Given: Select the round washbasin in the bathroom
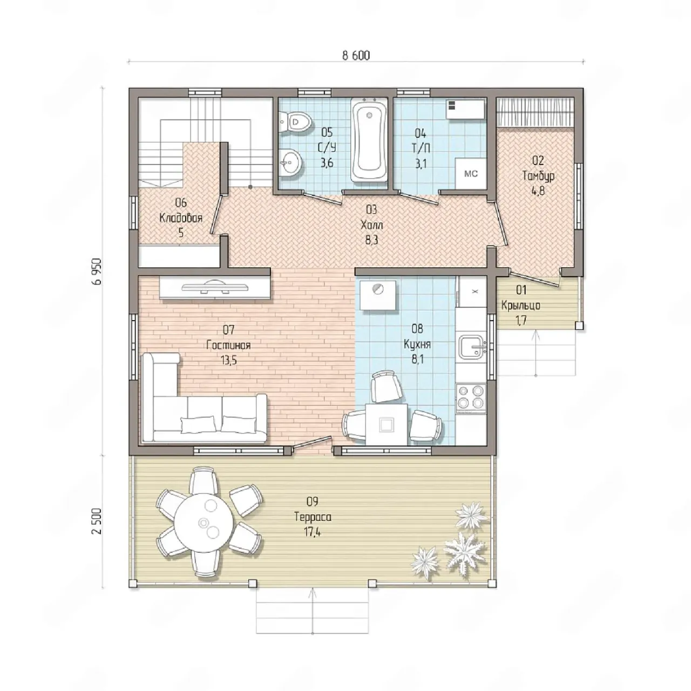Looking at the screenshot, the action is coord(290,162).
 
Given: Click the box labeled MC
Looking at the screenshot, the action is coord(471,173).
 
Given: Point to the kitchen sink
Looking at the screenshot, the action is coord(472,347).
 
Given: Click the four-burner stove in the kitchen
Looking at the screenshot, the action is coord(471,397).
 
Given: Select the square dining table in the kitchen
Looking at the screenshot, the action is coord(387,424).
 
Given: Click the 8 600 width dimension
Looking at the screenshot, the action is coord(356,56).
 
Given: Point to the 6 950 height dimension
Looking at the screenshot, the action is coord(97,272).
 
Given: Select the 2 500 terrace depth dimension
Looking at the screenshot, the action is coord(97,521).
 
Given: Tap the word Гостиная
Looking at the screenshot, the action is coord(229,345).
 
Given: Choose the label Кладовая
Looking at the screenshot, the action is coord(181,218).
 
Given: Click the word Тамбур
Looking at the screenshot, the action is coord(538,175).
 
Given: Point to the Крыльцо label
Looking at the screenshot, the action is coord(521,305).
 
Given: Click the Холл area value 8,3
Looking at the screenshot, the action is coord(371,240).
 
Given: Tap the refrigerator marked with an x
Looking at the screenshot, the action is coord(472,291).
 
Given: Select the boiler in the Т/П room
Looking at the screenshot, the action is coord(466,109).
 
